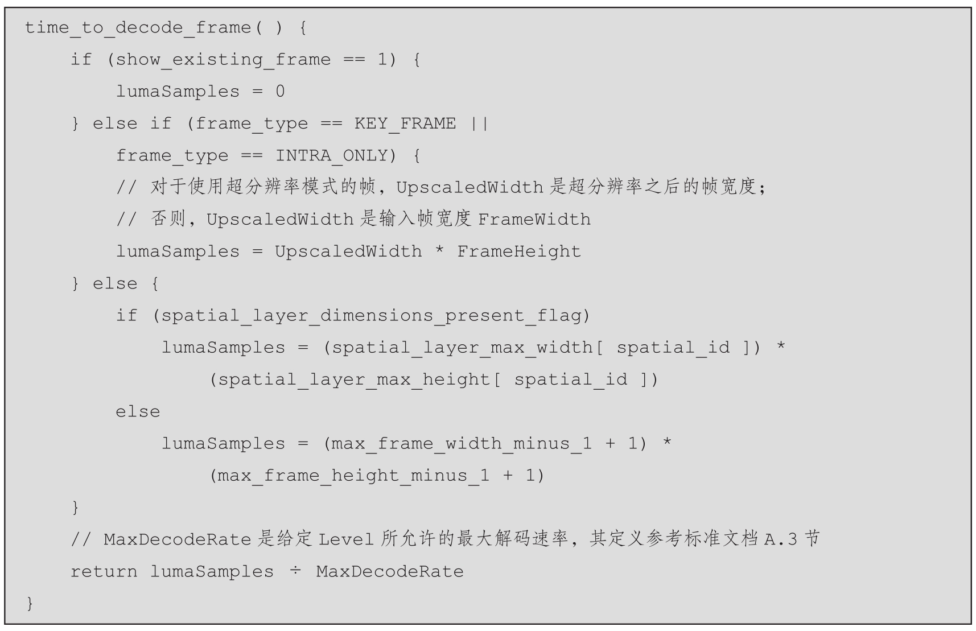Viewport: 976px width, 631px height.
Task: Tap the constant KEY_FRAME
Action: [x=405, y=123]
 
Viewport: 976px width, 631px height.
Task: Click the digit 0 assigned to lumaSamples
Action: [x=280, y=92]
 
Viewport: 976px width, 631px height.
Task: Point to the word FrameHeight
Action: [x=518, y=251]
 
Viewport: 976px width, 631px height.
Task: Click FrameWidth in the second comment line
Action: [x=534, y=220]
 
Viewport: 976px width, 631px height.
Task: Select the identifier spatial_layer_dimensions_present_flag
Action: [x=371, y=315]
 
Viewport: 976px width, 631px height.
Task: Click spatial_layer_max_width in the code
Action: [x=462, y=347]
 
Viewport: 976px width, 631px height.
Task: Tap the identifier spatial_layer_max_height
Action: [x=354, y=380]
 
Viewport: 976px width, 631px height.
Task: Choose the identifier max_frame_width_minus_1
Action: [x=462, y=443]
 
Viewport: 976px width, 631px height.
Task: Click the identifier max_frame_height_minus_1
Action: [x=353, y=475]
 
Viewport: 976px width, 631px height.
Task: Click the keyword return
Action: [x=104, y=571]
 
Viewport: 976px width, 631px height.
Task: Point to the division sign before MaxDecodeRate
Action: [x=295, y=571]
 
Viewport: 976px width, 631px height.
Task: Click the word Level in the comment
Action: [x=346, y=539]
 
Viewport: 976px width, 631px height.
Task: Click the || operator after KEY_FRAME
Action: [x=479, y=123]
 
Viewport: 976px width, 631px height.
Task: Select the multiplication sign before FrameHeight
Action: [x=439, y=251]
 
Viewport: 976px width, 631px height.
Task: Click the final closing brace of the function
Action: [x=30, y=603]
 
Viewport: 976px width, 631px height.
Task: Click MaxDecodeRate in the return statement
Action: [x=390, y=571]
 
